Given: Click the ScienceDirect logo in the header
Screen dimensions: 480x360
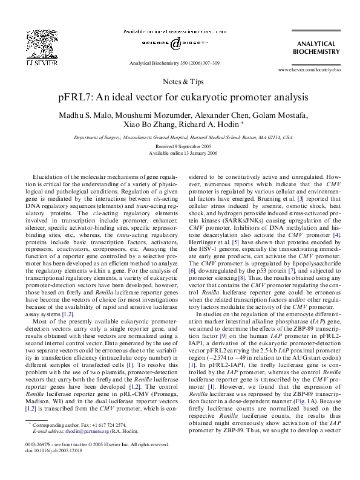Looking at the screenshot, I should tap(175, 43).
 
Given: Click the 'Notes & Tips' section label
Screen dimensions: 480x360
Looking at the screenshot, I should tap(180, 81).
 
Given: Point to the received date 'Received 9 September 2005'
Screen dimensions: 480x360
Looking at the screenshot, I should tap(180, 146).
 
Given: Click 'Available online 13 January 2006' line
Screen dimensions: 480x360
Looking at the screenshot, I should tap(180, 153).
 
